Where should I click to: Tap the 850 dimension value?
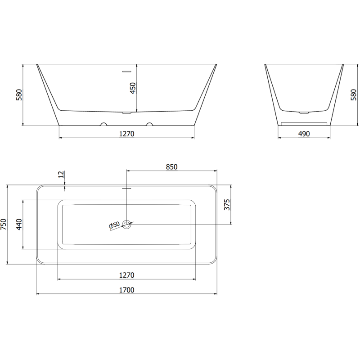171,166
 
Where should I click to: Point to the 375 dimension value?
227,205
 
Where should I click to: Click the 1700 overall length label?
127,290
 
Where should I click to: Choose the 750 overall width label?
4,224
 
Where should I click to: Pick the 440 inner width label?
19,224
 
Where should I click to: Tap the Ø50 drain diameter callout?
114,225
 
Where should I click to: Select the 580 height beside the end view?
353,94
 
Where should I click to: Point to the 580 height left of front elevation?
19,94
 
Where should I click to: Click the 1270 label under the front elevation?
127,134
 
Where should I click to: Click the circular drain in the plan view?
127,224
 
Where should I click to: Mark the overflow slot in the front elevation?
127,71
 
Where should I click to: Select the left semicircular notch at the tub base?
104,124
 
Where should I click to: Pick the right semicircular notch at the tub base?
150,124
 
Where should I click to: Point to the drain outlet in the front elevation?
127,113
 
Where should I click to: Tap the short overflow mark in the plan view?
127,189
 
